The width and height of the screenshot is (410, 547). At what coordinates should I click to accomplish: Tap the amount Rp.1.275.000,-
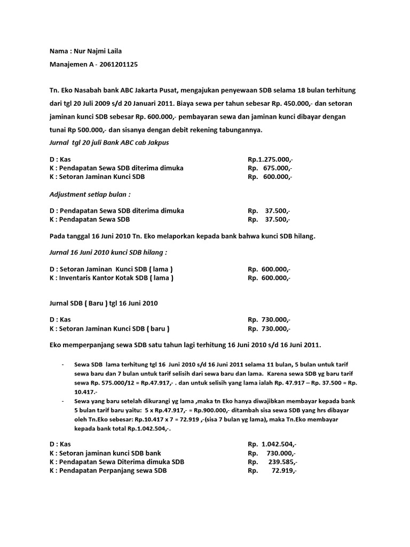270,159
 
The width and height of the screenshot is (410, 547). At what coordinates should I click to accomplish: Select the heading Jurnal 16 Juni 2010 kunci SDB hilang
112,252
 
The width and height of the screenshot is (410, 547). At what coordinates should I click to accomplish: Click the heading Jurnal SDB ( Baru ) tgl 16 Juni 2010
103,303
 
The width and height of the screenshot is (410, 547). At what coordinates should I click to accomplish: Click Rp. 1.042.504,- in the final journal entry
272,444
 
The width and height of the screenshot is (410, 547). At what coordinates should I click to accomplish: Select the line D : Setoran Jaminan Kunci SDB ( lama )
111,269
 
